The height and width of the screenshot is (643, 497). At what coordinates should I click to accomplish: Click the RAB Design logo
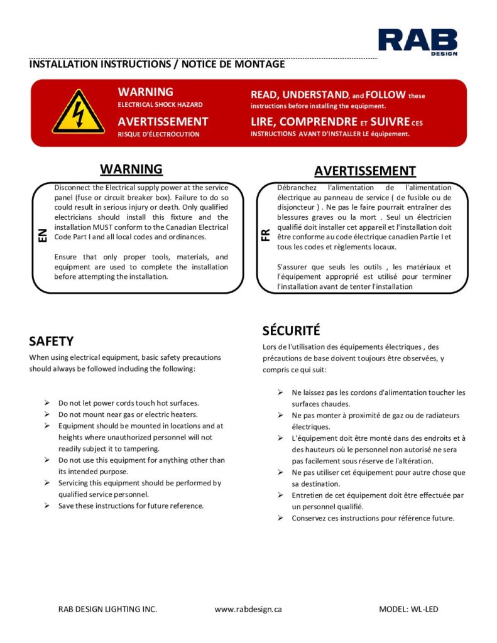click(x=417, y=41)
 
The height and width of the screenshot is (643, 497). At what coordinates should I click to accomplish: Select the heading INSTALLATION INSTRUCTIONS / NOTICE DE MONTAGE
click(x=156, y=65)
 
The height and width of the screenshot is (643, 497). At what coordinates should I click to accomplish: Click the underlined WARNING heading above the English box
click(x=131, y=169)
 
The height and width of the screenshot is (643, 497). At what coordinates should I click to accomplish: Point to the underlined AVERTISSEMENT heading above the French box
click(x=365, y=171)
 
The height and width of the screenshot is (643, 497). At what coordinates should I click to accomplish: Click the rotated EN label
click(x=42, y=235)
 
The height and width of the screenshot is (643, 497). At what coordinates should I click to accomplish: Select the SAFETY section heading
click(x=52, y=342)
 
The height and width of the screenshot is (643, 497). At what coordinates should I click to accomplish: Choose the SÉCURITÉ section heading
click(x=292, y=330)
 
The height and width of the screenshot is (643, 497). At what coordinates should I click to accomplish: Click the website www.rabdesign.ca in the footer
click(x=248, y=609)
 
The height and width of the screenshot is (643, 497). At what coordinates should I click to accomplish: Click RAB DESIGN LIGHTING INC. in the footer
click(x=107, y=609)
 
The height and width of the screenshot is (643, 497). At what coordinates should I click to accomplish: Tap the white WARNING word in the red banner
click(x=145, y=92)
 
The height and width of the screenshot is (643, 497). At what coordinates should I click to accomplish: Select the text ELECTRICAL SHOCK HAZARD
click(x=160, y=105)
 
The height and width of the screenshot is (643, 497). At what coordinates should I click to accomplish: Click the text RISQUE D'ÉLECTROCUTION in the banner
click(x=158, y=134)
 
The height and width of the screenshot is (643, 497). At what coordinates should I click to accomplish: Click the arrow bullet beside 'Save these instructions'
click(x=47, y=505)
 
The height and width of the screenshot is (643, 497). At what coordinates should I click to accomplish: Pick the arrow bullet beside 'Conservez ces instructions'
click(x=280, y=518)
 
